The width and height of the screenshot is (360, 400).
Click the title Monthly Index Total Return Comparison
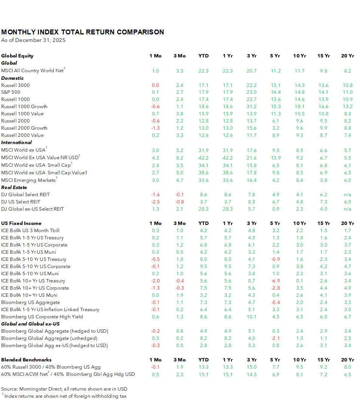point(82,32)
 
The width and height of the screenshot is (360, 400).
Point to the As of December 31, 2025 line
point(33,40)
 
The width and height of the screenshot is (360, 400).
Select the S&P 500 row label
point(11,92)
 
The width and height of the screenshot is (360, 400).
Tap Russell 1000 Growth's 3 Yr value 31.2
point(251,106)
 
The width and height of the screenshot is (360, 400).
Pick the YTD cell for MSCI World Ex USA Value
point(203,158)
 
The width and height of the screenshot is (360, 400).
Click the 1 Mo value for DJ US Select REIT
point(155,202)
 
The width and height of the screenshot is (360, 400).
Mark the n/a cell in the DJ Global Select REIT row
point(348,194)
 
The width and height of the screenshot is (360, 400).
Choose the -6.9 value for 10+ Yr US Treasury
point(275,281)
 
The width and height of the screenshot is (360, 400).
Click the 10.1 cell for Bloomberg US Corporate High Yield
point(251,316)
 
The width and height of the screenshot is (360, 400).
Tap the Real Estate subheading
point(14,187)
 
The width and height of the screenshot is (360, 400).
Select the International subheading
point(16,142)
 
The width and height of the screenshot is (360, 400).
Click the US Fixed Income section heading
point(21,223)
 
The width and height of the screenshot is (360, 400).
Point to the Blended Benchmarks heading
point(26,360)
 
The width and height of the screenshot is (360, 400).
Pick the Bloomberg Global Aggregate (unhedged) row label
point(49,338)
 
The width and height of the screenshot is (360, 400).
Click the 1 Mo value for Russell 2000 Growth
point(155,128)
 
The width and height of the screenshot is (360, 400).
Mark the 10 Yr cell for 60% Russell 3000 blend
point(299,367)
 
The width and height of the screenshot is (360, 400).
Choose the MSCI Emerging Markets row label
point(28,180)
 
